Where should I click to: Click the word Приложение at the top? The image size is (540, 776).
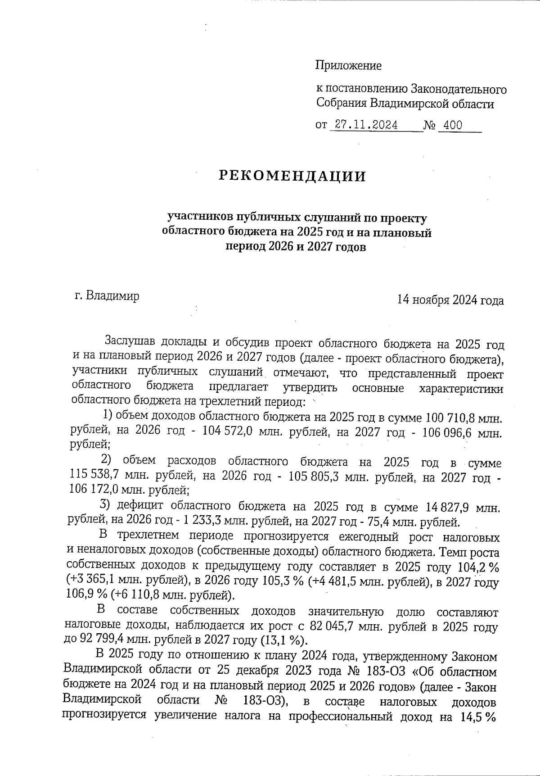point(348,66)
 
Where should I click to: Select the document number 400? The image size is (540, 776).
point(452,126)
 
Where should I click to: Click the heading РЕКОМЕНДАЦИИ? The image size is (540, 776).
point(292,176)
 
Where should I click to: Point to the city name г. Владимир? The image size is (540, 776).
point(107,296)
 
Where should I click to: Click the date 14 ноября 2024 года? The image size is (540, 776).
point(450,300)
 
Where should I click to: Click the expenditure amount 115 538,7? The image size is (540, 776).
point(94,475)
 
